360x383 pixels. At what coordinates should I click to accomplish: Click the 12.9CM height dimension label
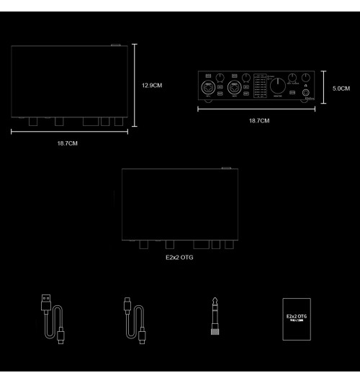point(152,86)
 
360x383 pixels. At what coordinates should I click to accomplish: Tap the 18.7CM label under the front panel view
point(258,120)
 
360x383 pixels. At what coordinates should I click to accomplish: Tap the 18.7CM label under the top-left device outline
point(67,144)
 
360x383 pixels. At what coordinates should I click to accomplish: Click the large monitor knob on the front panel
point(277,89)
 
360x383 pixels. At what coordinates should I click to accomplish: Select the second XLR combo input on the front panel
point(234,89)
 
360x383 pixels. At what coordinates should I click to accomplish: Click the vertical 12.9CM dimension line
point(135,86)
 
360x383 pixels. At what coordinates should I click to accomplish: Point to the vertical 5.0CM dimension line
point(325,89)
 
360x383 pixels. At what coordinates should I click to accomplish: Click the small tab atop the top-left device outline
point(117,44)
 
